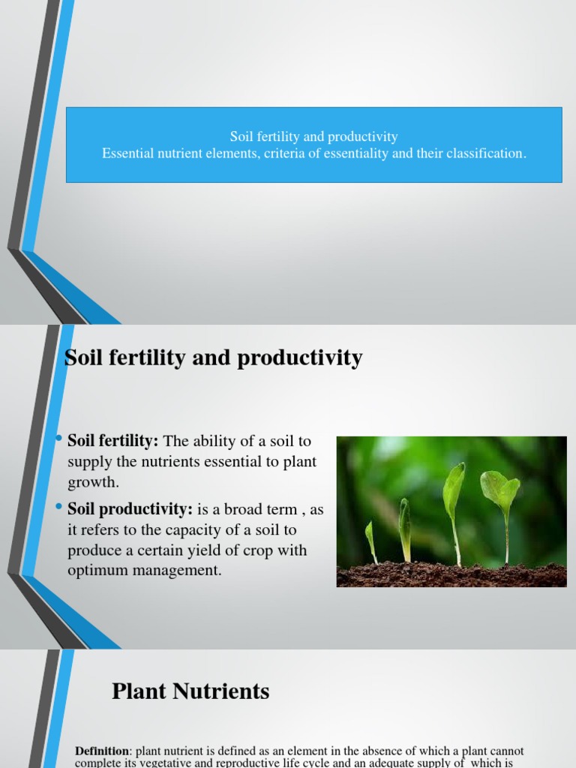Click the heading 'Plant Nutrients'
190,691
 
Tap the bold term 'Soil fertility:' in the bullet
113,441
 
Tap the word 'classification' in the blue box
484,153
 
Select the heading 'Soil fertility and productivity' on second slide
214,358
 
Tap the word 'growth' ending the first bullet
91,481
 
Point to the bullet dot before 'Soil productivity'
59,508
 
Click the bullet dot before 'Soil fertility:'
59,439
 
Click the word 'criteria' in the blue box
285,153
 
